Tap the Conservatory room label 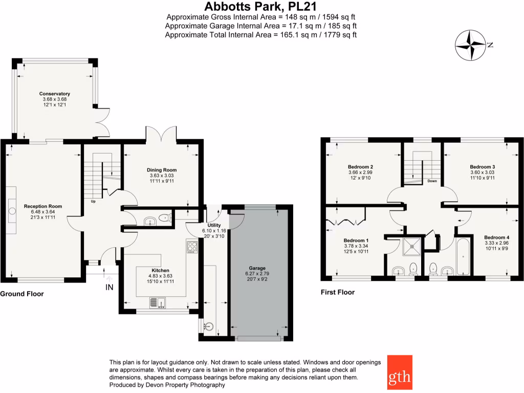coord(55,94)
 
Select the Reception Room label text coord(43,206)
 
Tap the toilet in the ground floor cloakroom coord(164,219)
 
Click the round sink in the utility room coord(208,326)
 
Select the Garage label coord(257,268)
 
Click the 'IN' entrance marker coord(110,288)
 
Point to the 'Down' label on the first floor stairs coord(432,181)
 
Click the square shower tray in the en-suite coord(412,247)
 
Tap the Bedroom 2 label coord(360,167)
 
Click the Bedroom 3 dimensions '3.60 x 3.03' coord(482,173)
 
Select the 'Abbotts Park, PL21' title coord(260,7)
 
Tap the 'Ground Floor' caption coord(22,294)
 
